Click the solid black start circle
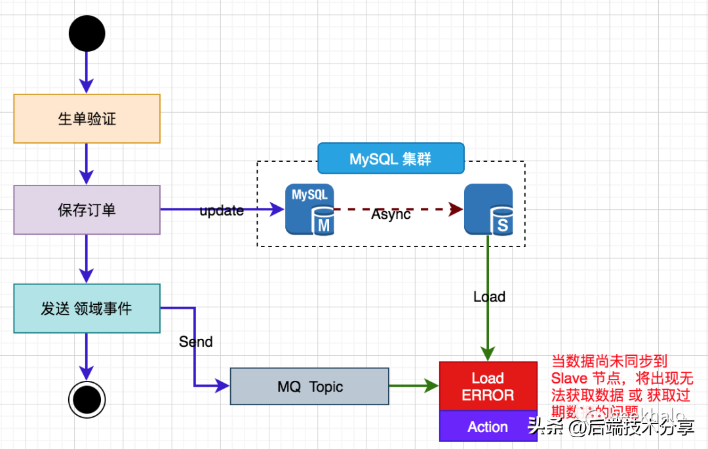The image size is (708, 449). click(87, 33)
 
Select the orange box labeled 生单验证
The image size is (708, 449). click(87, 119)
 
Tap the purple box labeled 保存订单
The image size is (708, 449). click(87, 210)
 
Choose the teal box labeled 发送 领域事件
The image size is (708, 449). click(87, 308)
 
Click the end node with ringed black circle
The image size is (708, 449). click(87, 398)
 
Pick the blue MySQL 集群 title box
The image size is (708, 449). click(391, 159)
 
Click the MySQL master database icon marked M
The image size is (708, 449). click(309, 209)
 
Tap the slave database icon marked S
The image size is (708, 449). click(488, 209)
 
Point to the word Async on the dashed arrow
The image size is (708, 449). click(391, 214)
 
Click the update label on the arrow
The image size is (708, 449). click(222, 211)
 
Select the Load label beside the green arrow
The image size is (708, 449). click(489, 297)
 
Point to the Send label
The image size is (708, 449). click(195, 342)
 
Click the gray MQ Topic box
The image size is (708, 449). click(309, 386)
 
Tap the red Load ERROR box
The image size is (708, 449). click(488, 386)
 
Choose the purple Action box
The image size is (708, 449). click(488, 427)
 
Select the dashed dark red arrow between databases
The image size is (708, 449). click(420, 210)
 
